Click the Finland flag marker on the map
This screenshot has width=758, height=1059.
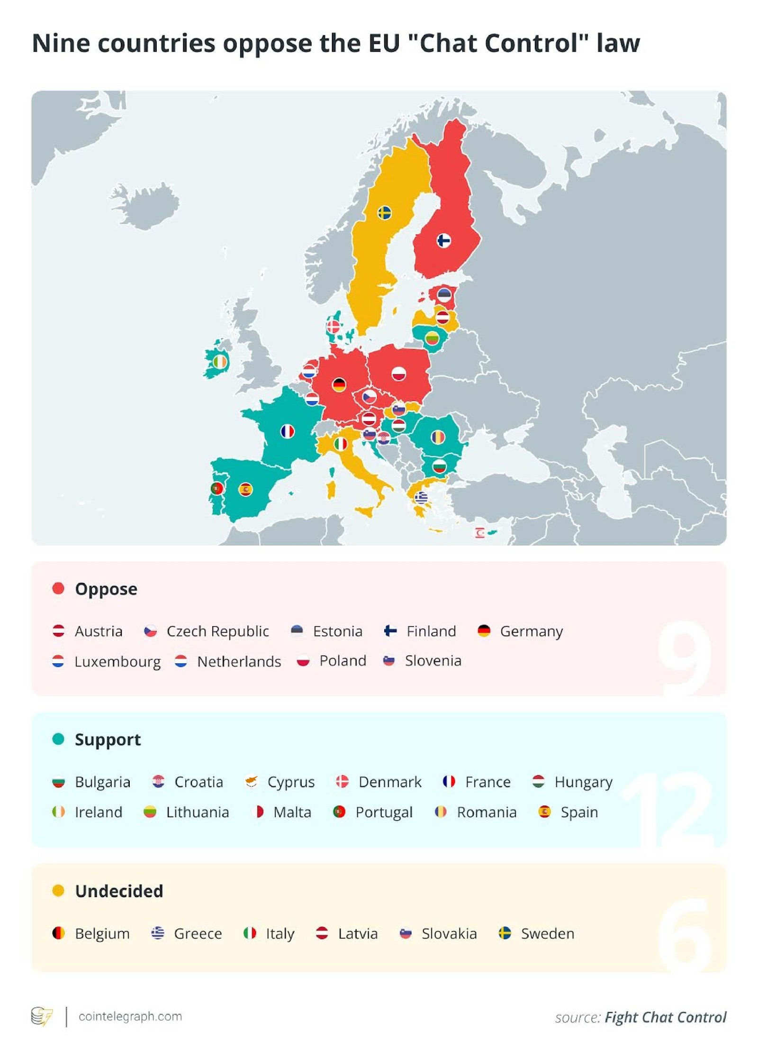pyautogui.click(x=443, y=241)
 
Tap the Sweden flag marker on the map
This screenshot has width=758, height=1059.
pyautogui.click(x=384, y=213)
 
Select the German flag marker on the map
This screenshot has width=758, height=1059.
pyautogui.click(x=339, y=384)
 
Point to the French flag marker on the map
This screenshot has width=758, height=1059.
pyautogui.click(x=288, y=431)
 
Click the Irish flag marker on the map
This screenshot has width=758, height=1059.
pyautogui.click(x=220, y=362)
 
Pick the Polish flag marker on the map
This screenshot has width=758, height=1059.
pyautogui.click(x=399, y=374)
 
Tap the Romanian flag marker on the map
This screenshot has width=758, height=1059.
pyautogui.click(x=438, y=437)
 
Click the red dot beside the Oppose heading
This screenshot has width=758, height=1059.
pyautogui.click(x=58, y=588)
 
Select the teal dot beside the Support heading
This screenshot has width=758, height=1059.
pyautogui.click(x=58, y=739)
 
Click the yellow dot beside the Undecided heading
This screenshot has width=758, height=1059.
pyautogui.click(x=58, y=891)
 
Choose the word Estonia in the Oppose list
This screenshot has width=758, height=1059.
pyautogui.click(x=337, y=631)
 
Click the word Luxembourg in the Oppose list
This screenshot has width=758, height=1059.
pyautogui.click(x=117, y=661)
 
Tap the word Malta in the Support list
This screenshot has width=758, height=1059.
pyautogui.click(x=292, y=812)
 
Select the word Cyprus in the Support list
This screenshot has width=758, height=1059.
pyautogui.click(x=291, y=782)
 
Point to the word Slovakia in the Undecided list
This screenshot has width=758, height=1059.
pyautogui.click(x=449, y=933)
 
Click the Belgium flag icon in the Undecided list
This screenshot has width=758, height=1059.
pyautogui.click(x=58, y=933)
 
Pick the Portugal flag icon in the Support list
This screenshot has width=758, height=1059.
pyautogui.click(x=339, y=812)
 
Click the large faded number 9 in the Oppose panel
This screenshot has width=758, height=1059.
pyautogui.click(x=685, y=657)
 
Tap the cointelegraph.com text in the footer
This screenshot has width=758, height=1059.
pyautogui.click(x=130, y=1016)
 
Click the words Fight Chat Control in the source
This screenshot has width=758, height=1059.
pyautogui.click(x=665, y=1017)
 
